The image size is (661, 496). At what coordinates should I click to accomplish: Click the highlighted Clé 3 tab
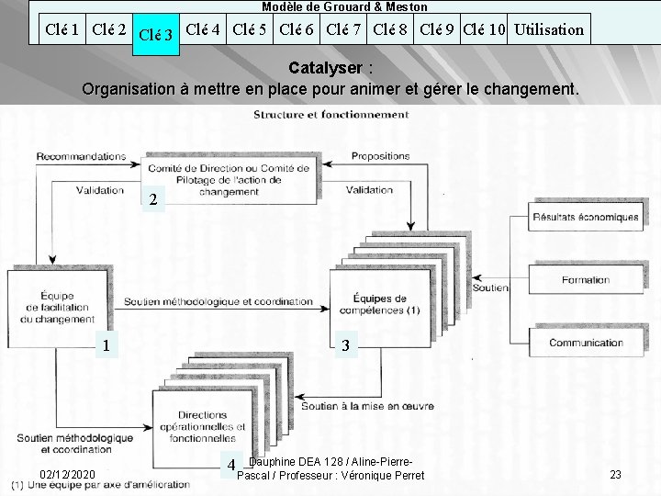pos(155,35)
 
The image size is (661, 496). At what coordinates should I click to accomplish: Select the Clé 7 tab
pos(346,28)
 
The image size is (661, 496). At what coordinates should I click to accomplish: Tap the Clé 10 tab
pos(484,28)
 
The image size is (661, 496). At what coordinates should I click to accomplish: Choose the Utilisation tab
pos(549,28)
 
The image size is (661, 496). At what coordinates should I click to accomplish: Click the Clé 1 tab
pos(62,28)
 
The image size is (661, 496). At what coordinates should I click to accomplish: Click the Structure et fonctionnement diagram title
pos(331,115)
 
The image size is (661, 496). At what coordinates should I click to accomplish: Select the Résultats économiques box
pos(585,218)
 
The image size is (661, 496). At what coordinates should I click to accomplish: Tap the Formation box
pos(586,280)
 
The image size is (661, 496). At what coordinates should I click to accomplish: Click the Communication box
pos(586,343)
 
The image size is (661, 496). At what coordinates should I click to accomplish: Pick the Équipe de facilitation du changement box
pos(55,308)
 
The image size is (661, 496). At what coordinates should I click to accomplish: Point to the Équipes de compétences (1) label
pos(387,304)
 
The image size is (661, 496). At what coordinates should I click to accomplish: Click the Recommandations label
pos(83,156)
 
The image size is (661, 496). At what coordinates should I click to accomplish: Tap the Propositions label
pos(380,156)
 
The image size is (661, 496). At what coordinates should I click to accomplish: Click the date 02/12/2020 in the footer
pos(68,474)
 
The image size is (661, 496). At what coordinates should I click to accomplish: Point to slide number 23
pos(615,474)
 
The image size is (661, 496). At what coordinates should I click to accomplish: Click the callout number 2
pos(154,199)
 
